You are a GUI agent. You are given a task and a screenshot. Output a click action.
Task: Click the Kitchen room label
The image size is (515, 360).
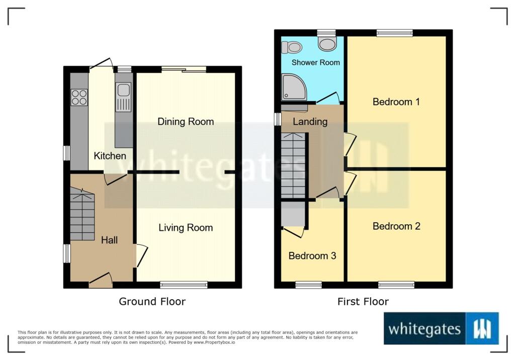click(x=110, y=156)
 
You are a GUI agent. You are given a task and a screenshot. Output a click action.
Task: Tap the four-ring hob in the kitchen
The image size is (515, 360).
click(x=79, y=97)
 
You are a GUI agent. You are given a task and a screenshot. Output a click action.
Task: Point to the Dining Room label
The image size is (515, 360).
click(x=186, y=122)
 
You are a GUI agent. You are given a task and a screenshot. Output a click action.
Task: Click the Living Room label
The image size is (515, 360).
click(x=186, y=228)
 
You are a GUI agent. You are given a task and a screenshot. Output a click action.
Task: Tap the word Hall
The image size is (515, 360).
click(x=109, y=240)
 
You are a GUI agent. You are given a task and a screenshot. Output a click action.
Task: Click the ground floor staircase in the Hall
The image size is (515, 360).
click(x=82, y=214)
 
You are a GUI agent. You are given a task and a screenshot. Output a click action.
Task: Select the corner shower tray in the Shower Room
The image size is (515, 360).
click(x=294, y=86)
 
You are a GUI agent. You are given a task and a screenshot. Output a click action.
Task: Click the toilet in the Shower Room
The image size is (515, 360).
click(x=292, y=47)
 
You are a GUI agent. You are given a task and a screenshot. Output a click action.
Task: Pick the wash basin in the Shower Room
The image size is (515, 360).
click(x=327, y=43)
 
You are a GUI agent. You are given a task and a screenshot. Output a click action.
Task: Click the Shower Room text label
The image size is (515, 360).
click(x=316, y=62)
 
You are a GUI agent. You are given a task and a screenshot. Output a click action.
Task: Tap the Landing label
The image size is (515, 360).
click(x=310, y=122)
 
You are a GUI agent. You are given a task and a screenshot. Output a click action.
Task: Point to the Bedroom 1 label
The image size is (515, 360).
click(x=396, y=102)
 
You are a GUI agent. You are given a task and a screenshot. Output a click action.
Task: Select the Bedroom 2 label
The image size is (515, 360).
click(x=396, y=226)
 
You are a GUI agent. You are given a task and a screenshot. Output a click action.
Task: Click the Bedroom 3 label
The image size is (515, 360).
click(x=312, y=255)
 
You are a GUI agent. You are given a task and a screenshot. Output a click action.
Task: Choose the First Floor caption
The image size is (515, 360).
click(x=363, y=302)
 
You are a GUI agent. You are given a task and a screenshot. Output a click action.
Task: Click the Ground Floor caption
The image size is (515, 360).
click(x=152, y=302)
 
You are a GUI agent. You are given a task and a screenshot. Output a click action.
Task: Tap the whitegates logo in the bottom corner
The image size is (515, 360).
click(x=441, y=328)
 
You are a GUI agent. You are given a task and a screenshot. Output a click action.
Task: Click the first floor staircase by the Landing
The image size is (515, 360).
click(x=293, y=165)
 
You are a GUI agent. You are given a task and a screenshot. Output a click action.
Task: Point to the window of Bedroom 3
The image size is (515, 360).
click(x=309, y=285)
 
